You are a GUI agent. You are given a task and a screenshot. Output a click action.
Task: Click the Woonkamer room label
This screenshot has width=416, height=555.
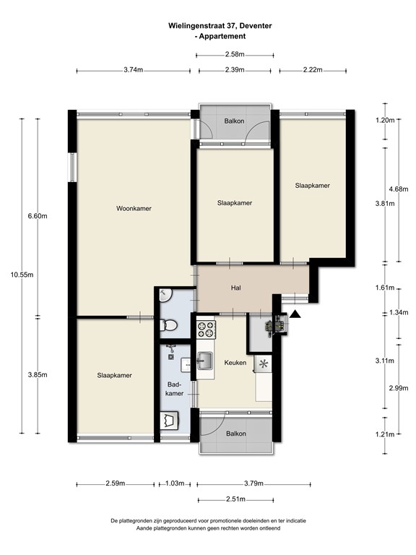pyautogui.click(x=134, y=208)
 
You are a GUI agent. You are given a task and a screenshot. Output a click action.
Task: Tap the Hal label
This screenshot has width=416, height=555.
pyautogui.click(x=236, y=288)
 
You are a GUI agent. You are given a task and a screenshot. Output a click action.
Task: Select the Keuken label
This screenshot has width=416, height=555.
pyautogui.click(x=235, y=363)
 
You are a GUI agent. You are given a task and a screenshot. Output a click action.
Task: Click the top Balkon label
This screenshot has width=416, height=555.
pyautogui.click(x=234, y=121)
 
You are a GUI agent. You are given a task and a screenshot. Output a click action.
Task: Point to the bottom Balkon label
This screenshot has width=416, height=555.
pyautogui.click(x=236, y=434)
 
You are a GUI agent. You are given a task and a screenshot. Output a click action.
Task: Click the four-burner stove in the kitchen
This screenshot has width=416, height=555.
pyautogui.click(x=207, y=330)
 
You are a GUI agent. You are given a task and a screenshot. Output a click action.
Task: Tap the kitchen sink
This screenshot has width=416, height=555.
pyautogui.click(x=205, y=361)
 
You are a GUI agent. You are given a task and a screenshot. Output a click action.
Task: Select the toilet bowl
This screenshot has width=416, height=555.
pyautogui.click(x=168, y=325)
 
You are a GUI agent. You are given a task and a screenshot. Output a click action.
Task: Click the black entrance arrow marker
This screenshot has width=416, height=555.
pyautogui.click(x=295, y=314)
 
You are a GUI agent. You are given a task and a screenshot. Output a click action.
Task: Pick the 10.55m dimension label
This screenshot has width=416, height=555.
pyautogui.click(x=22, y=275)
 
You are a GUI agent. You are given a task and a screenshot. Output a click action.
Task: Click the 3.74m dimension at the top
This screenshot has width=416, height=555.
pyautogui.click(x=134, y=69)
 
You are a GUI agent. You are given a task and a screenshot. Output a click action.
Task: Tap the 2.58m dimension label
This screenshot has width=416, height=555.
pyautogui.click(x=235, y=54)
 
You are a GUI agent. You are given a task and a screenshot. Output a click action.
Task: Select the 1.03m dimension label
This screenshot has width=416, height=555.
pyautogui.click(x=175, y=483)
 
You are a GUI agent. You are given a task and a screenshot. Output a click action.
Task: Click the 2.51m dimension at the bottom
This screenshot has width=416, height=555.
pyautogui.click(x=235, y=499)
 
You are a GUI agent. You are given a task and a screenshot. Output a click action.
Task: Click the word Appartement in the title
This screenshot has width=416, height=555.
pyautogui.click(x=222, y=36)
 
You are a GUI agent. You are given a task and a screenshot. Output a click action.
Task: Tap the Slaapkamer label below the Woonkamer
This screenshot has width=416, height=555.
pyautogui.click(x=114, y=376)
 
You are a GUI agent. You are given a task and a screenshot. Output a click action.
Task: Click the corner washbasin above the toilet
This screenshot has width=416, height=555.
pyautogui.click(x=165, y=295)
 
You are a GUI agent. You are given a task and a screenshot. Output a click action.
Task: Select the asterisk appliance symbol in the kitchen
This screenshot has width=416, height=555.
pyautogui.click(x=263, y=364)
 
